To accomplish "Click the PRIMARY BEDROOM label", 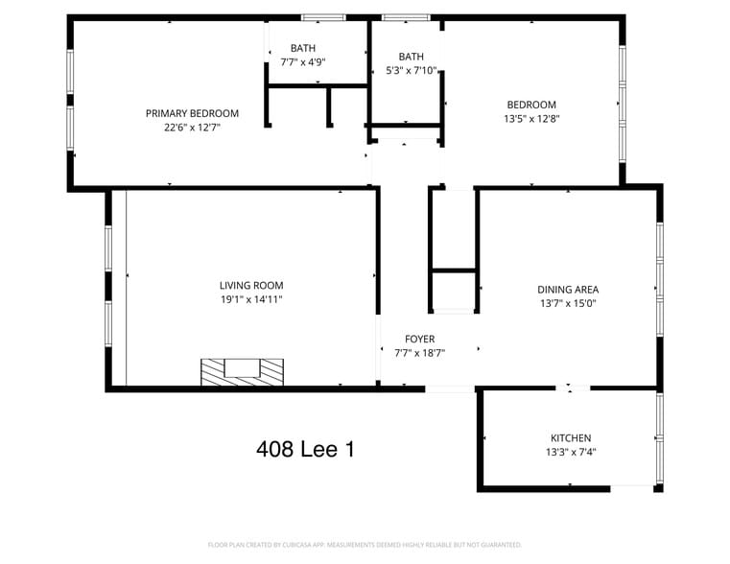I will tap(192, 113).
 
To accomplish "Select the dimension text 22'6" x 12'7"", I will tap(192, 127).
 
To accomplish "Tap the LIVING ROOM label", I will tap(251, 285).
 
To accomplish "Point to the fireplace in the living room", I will tap(242, 371).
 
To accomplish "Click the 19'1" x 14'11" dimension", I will tap(251, 299).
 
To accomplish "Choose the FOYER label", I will tap(419, 339).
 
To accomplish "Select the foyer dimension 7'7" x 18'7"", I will tap(419, 353).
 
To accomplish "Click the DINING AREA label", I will tap(568, 289).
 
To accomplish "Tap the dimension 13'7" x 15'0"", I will tap(568, 303).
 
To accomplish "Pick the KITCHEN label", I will tap(571, 438).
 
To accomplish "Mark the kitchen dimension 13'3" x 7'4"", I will tap(571, 452).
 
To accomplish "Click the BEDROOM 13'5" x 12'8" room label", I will tap(531, 105).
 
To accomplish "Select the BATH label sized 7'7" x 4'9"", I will tap(303, 48).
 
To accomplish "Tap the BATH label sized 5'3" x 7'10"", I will tap(411, 56).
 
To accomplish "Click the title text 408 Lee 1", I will tap(305, 448).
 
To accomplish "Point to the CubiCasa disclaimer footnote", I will tap(365, 545).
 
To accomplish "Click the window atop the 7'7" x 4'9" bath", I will tap(323, 17).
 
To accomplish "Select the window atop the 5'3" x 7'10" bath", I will tap(405, 17).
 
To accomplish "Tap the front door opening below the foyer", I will tap(449, 388).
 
